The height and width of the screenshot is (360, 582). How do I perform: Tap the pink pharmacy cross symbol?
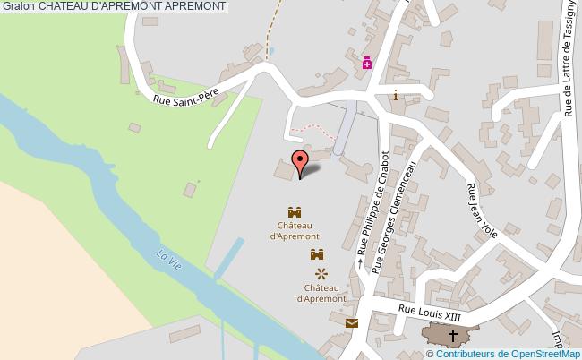[x=367, y=63]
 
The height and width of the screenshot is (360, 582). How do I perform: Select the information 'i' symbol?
[x=395, y=95]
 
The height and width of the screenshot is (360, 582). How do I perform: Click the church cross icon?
[x=452, y=336]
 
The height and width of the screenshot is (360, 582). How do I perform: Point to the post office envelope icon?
[x=351, y=323]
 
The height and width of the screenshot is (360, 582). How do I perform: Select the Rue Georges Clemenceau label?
[x=394, y=221]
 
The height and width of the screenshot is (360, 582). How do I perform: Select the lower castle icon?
[x=317, y=256]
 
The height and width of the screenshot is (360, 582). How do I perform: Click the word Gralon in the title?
[x=17, y=7]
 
